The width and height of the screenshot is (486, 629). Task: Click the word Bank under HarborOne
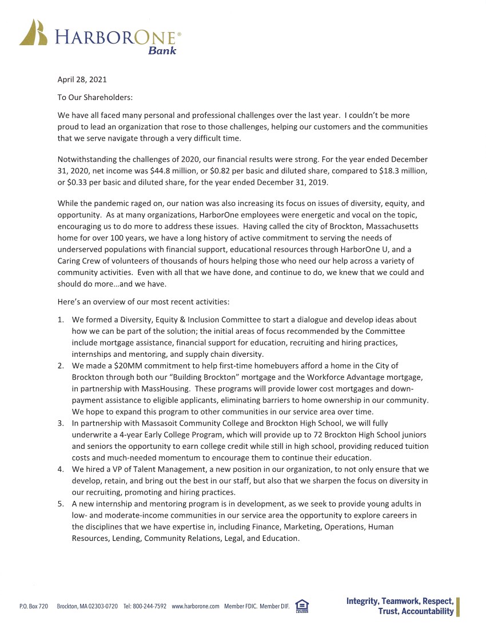tap(162, 51)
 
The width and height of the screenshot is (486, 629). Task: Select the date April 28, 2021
tap(82, 79)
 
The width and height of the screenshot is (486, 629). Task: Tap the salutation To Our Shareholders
tap(95, 98)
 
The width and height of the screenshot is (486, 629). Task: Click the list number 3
tap(61, 423)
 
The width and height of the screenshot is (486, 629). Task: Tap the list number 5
tap(61, 504)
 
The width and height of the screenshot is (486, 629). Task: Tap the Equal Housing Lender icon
tap(302, 606)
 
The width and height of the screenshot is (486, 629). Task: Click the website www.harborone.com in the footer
tap(196, 606)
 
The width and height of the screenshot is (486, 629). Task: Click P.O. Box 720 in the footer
tap(34, 606)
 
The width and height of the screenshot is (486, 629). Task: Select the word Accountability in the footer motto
tap(427, 612)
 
